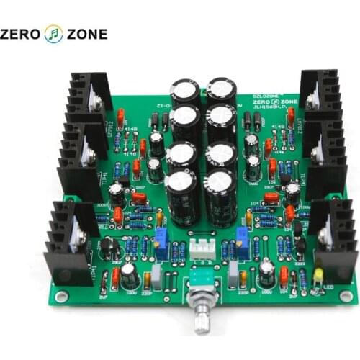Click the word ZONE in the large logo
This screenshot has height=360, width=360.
click(87, 33)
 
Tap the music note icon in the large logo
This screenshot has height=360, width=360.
click(54, 33)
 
